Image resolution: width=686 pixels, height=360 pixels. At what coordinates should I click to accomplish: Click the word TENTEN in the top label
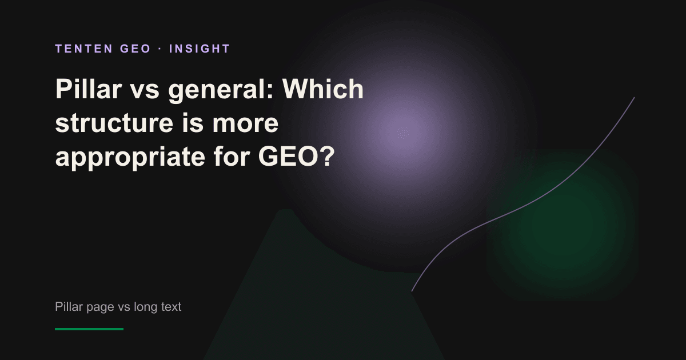pyautogui.click(x=84, y=49)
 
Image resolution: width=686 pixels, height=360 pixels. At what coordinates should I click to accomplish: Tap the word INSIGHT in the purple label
pyautogui.click(x=200, y=49)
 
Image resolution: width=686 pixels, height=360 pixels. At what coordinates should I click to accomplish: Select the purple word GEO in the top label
pyautogui.click(x=135, y=49)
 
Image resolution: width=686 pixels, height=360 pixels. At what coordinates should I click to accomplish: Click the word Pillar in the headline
pyautogui.click(x=89, y=89)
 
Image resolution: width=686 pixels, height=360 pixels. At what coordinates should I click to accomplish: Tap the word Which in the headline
pyautogui.click(x=323, y=89)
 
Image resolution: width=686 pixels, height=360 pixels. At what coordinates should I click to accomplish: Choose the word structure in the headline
pyautogui.click(x=114, y=123)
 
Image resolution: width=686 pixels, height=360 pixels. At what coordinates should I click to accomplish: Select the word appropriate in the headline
pyautogui.click(x=130, y=158)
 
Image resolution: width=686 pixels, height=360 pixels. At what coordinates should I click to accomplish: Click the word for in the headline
pyautogui.click(x=232, y=156)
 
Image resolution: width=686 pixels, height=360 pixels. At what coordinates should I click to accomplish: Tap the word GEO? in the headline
pyautogui.click(x=296, y=157)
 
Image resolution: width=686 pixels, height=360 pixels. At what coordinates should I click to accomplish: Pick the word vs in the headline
pyautogui.click(x=145, y=91)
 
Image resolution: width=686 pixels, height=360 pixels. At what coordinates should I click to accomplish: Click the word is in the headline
pyautogui.click(x=193, y=123)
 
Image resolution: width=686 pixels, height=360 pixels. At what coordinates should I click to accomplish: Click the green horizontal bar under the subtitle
pyautogui.click(x=89, y=329)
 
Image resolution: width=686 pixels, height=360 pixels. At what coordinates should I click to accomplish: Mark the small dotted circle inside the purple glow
pyautogui.click(x=404, y=133)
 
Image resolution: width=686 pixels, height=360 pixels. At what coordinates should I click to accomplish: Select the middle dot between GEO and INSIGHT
pyautogui.click(x=160, y=49)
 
